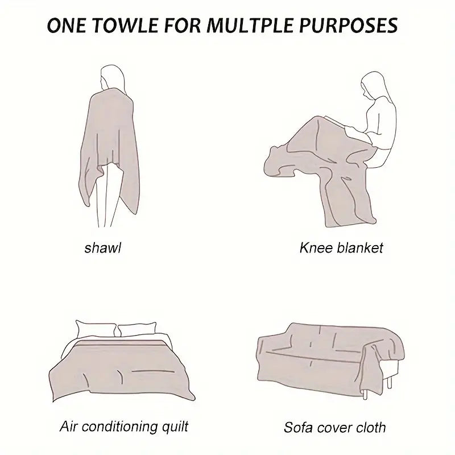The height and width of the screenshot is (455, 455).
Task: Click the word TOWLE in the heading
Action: click(126, 25)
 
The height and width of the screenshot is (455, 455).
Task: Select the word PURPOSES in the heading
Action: click(348, 25)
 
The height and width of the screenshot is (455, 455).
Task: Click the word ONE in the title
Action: click(67, 25)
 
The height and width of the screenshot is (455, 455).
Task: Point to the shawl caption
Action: click(103, 248)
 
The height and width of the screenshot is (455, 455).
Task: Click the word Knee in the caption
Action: click(316, 248)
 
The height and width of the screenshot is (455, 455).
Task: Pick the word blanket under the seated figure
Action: click(360, 248)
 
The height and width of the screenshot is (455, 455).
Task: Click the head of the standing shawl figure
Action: click(112, 77)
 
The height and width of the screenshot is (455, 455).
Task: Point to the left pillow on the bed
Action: click(95, 329)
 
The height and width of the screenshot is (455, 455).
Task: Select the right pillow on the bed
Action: click(137, 329)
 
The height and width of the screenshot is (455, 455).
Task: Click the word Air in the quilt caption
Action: click(68, 427)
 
